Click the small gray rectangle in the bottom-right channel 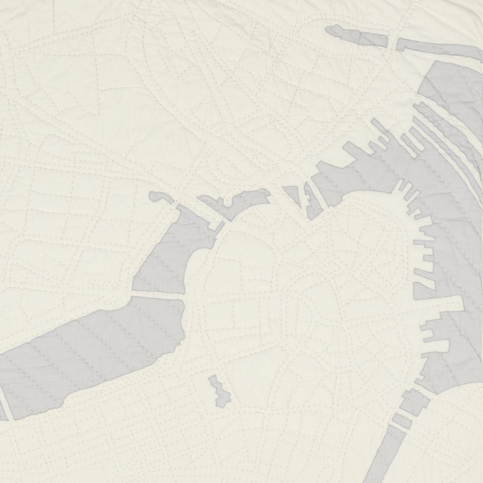point(401,419)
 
